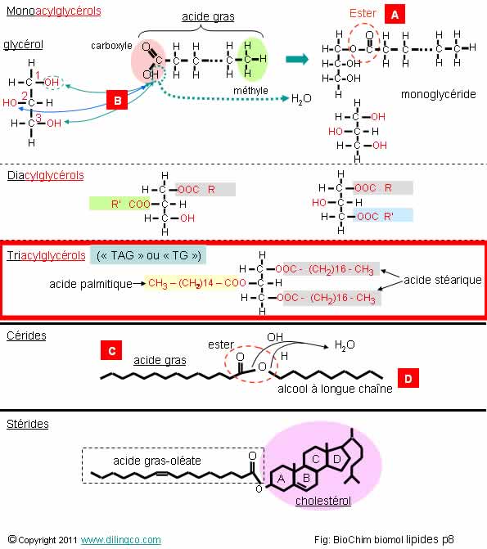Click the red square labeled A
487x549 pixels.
coord(395,15)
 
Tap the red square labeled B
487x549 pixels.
coord(117,100)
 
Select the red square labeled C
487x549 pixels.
coord(111,350)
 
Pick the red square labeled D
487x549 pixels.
coord(408,378)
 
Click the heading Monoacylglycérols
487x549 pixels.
coord(53,11)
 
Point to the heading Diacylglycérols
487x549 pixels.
coord(46,175)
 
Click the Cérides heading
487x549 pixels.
coord(26,335)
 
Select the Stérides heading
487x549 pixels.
coord(28,424)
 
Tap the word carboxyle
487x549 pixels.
coord(111,46)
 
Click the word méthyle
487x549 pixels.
coord(250,91)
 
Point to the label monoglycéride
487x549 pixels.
coord(439,94)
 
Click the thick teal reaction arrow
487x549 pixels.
coord(297,59)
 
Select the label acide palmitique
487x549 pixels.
coord(91,284)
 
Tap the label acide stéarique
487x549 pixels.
coord(443,280)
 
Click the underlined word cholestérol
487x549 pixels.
coord(323,501)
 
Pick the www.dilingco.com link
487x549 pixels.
coord(121,540)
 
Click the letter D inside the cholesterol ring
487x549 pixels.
coord(337,459)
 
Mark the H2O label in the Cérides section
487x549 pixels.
coord(345,345)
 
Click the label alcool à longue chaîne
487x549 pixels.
coord(335,389)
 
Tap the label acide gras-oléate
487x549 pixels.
coord(157,461)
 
